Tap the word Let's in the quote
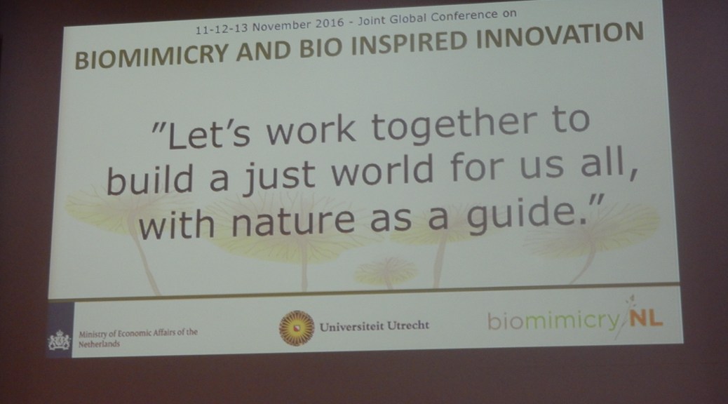pyautogui.click(x=208, y=134)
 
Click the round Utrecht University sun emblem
pyautogui.click(x=297, y=328)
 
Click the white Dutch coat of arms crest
pyautogui.click(x=60, y=340)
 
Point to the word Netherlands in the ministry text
pyautogui.click(x=99, y=344)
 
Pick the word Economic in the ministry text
pyautogui.click(x=135, y=333)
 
